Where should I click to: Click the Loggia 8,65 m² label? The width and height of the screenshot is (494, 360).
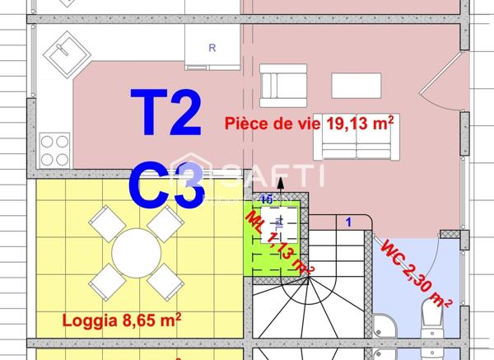122,319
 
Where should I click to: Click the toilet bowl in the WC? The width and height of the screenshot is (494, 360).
431,317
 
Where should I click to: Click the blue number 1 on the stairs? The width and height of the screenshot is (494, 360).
347,222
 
